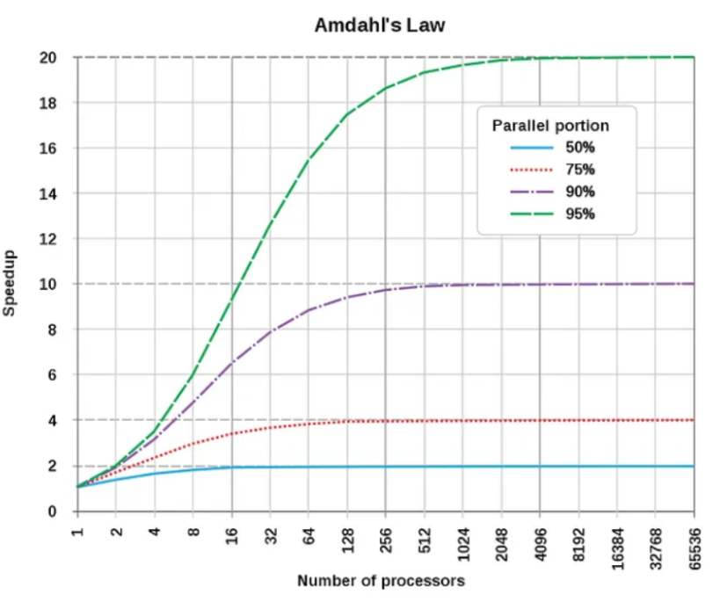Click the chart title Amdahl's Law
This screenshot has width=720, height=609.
[379, 25]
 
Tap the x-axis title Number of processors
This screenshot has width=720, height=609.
[381, 581]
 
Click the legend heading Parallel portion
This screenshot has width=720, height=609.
[550, 126]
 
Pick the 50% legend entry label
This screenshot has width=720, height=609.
[580, 148]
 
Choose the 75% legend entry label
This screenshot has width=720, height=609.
[580, 170]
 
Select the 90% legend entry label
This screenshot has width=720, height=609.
[580, 192]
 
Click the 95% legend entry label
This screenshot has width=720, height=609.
[580, 214]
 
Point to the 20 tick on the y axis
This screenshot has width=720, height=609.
[52, 58]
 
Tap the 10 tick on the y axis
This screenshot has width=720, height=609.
[52, 285]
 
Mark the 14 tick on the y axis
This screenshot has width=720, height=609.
[52, 194]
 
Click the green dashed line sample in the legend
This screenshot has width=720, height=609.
[519, 214]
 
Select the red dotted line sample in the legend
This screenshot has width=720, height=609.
[519, 170]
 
